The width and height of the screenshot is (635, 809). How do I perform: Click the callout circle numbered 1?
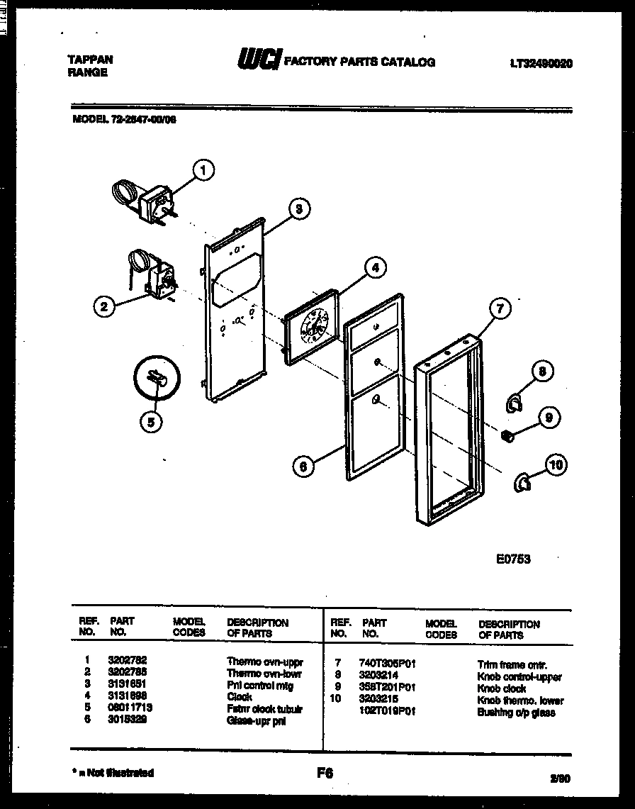click(203, 169)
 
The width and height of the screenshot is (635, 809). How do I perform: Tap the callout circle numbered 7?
click(500, 308)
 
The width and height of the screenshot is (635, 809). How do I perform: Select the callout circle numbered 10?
click(556, 465)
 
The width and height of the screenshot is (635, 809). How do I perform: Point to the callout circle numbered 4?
click(376, 267)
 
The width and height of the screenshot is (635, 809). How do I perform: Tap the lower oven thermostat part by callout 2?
click(150, 272)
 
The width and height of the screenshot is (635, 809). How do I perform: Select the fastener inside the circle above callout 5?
click(156, 379)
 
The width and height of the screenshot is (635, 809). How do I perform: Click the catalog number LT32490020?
click(541, 63)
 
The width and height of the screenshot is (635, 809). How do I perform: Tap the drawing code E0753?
click(513, 559)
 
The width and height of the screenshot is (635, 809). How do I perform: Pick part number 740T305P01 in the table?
click(388, 664)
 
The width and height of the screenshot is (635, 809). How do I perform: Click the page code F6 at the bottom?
click(325, 774)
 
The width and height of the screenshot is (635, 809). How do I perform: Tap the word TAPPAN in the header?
click(89, 60)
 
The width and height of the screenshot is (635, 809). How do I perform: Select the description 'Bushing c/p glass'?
click(516, 712)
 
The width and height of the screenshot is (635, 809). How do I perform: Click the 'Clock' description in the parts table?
click(240, 697)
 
